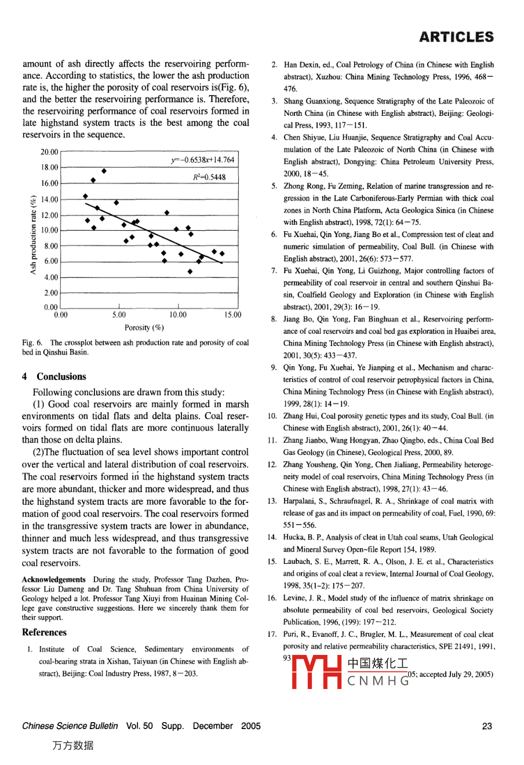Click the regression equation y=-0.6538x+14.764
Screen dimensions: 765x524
click(202, 160)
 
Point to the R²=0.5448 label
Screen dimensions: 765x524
click(209, 177)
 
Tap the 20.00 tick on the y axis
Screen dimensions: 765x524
click(50, 152)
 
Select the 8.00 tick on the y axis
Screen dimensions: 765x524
click(51, 246)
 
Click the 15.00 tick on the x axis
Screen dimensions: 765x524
click(233, 315)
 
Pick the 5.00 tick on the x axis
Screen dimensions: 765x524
click(119, 315)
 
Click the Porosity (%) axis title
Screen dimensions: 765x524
click(144, 327)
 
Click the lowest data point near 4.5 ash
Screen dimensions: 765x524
click(190, 271)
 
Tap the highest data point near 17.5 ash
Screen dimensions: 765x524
click(104, 170)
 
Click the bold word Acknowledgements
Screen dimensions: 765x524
click(53, 580)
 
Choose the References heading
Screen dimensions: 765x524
click(44, 632)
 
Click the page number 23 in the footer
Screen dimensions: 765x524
click(487, 726)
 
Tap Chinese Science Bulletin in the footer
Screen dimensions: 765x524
click(70, 726)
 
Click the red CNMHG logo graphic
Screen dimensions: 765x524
click(316, 672)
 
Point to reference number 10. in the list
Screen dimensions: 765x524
click(272, 416)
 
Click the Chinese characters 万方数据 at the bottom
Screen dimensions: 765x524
click(73, 746)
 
